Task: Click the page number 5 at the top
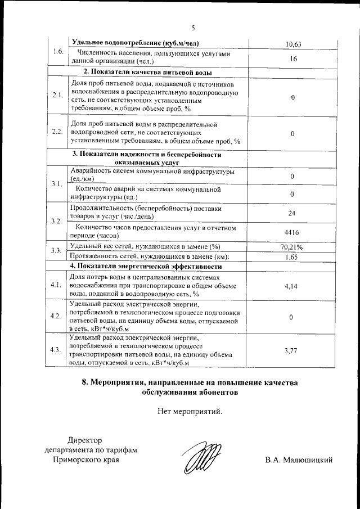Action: pos(192,28)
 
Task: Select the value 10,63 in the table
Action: pos(293,44)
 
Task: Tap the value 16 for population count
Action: pos(293,58)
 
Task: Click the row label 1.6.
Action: pos(57,52)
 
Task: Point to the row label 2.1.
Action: pos(56,96)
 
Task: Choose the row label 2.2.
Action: pos(56,132)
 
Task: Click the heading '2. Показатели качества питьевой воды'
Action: pos(148,73)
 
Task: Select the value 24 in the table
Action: pos(292,213)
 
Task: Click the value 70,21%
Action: pos(292,247)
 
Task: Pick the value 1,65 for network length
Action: pos(292,256)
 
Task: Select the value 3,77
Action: pos(291,350)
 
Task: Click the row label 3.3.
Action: pos(56,251)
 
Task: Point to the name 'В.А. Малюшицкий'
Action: pos(299,460)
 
